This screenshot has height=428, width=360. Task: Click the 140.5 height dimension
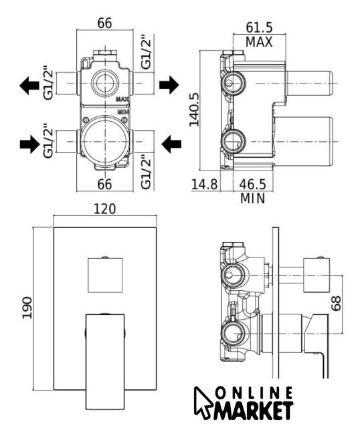point(194,110)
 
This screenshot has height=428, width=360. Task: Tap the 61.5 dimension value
point(259,27)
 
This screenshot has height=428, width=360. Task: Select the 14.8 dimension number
point(205,185)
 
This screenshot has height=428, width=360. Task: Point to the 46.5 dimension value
point(253,185)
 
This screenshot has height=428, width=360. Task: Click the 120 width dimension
point(105,209)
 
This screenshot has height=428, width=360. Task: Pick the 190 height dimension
point(27,308)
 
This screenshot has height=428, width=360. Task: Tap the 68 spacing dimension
point(336,303)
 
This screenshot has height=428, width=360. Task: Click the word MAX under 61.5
point(259,42)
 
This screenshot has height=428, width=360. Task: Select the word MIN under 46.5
point(253,199)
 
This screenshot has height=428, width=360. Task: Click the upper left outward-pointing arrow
point(29,86)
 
